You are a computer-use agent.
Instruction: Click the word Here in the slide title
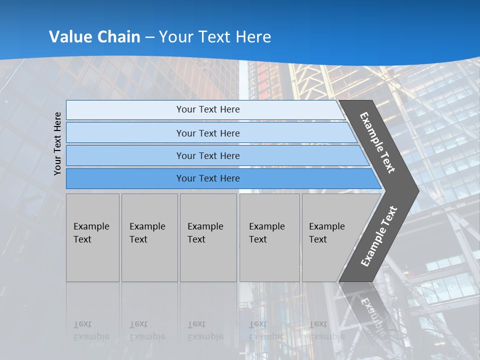coord(253,37)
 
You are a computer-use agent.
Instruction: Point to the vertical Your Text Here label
coord(58,143)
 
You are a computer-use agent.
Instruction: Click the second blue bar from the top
coord(207,133)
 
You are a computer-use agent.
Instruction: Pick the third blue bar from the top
coord(207,155)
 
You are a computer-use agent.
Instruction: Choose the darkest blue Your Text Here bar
coord(207,178)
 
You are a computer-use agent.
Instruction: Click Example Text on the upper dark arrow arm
coord(377,142)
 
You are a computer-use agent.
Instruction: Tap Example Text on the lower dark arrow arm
coord(378,236)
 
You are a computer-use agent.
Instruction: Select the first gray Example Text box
coord(92,237)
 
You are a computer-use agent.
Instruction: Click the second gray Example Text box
coord(149,237)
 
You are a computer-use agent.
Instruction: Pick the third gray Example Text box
coord(208,237)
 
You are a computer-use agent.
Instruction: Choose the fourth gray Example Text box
coord(269,237)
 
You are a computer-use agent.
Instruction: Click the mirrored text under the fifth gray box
coord(326,330)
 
